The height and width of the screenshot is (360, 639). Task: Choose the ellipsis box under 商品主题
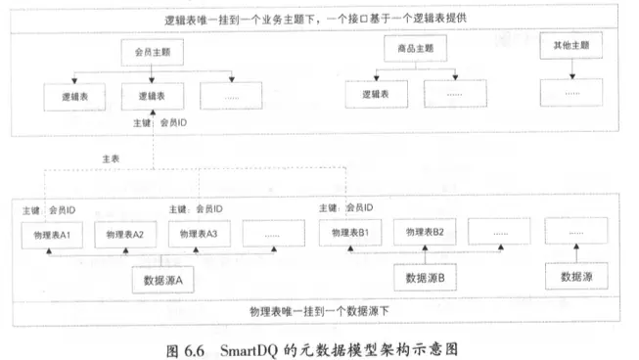click(454, 95)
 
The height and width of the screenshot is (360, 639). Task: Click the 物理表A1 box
click(52, 234)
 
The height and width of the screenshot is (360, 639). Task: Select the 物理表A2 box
click(125, 234)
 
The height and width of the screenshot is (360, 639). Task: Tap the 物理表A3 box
click(199, 234)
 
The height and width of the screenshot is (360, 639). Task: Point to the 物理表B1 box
click(349, 233)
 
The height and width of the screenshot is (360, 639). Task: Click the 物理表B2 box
click(426, 232)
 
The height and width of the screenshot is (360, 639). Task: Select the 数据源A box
click(164, 281)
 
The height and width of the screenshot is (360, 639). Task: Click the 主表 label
click(111, 157)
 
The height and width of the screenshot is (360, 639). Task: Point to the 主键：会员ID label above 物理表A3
click(197, 209)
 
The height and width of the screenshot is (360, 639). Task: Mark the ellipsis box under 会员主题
click(232, 96)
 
